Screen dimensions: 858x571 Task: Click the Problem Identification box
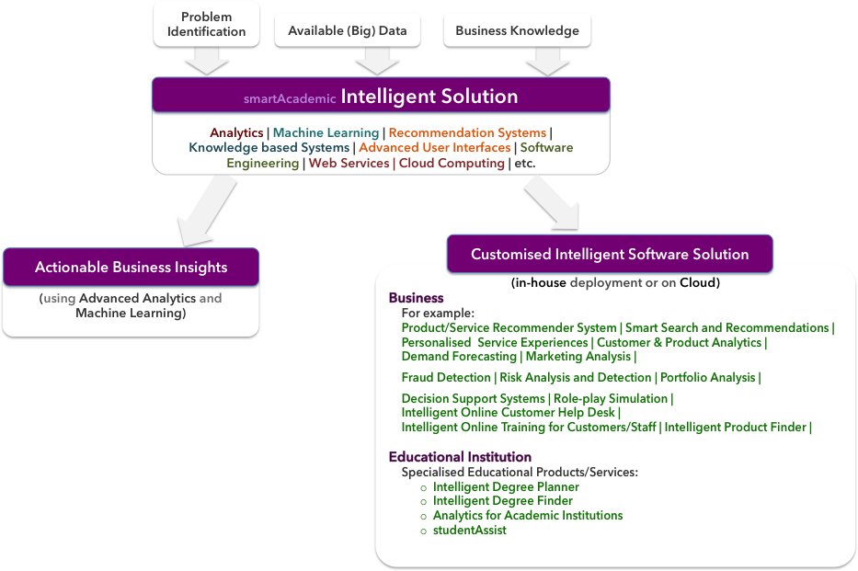pos(206,24)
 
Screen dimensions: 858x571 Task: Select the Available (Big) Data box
pos(348,30)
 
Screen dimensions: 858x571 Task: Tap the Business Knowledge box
pos(517,30)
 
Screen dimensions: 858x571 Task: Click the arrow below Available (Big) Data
pos(376,61)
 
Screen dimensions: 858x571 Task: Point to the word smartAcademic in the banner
pos(290,98)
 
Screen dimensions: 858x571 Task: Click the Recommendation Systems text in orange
pos(467,132)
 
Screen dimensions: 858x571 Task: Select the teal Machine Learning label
pos(326,132)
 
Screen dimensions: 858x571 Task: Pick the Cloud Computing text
pos(452,163)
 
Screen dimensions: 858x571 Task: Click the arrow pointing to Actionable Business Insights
pos(206,212)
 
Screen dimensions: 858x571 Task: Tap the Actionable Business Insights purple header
pos(131,267)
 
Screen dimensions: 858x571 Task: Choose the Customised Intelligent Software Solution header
pos(610,254)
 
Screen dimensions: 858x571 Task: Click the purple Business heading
pos(416,298)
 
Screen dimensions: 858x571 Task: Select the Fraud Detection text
pos(446,377)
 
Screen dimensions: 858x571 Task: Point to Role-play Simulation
pos(611,398)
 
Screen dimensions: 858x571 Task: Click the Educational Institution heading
pos(460,457)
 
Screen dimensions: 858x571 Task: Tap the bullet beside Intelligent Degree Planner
pos(423,488)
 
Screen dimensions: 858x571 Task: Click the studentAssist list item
pos(470,530)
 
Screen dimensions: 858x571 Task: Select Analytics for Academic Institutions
pos(528,515)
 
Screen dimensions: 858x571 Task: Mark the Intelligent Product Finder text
pos(736,428)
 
